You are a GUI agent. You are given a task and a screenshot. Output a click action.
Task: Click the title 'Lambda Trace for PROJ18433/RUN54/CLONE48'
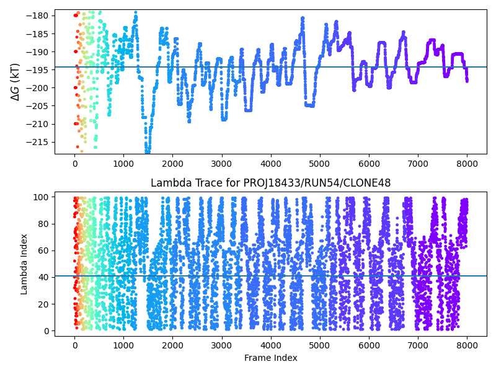pyautogui.click(x=270, y=183)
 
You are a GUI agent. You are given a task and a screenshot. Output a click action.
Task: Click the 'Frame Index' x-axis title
pyautogui.click(x=270, y=358)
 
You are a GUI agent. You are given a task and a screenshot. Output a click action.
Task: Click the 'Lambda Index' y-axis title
pyautogui.click(x=24, y=264)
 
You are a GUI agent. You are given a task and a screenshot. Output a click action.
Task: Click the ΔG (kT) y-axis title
pyautogui.click(x=15, y=82)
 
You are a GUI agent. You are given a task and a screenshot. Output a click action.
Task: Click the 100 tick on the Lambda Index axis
pyautogui.click(x=43, y=197)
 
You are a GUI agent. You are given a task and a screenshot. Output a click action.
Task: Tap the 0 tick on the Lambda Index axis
pyautogui.click(x=48, y=330)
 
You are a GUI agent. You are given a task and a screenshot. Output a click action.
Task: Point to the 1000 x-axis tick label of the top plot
pyautogui.click(x=124, y=164)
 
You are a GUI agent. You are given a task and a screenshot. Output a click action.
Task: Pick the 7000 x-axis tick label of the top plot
pyautogui.click(x=418, y=164)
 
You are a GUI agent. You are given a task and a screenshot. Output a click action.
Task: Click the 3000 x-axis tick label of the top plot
pyautogui.click(x=222, y=164)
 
